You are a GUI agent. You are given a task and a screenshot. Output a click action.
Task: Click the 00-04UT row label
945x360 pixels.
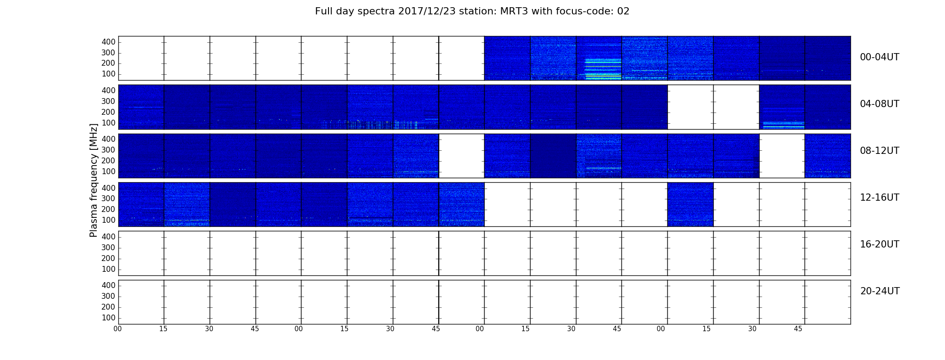coord(879,57)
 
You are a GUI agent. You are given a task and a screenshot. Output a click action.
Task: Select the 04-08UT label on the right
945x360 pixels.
coord(879,104)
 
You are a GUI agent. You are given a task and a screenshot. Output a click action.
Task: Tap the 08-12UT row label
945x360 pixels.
coord(879,151)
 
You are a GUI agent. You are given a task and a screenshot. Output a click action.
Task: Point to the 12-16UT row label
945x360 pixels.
coord(879,198)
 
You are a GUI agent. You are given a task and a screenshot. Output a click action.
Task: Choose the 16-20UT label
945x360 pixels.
coord(879,244)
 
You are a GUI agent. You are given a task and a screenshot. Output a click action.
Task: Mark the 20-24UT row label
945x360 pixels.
coord(880,291)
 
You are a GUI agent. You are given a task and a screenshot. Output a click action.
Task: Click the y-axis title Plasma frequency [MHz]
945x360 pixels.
coord(94,180)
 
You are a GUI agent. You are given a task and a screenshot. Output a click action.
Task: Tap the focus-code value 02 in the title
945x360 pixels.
coord(623,11)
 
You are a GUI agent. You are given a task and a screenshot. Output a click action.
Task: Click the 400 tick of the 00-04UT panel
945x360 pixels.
coord(108,42)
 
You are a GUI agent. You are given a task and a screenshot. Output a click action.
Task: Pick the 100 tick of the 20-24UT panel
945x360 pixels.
coord(108,318)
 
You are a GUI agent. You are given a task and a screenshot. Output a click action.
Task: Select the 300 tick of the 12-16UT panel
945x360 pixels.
coord(108,198)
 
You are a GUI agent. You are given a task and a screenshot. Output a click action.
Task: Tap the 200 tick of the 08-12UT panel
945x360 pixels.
coord(108,161)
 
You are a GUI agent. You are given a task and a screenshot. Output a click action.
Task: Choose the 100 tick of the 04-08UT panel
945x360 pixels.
coord(108,123)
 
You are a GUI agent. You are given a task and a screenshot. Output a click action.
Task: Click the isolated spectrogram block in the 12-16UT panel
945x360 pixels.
coord(690,204)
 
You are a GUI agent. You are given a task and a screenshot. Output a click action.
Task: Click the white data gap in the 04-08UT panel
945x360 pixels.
coord(713,107)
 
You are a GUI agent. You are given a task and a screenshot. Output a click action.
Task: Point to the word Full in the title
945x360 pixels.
coord(324,11)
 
